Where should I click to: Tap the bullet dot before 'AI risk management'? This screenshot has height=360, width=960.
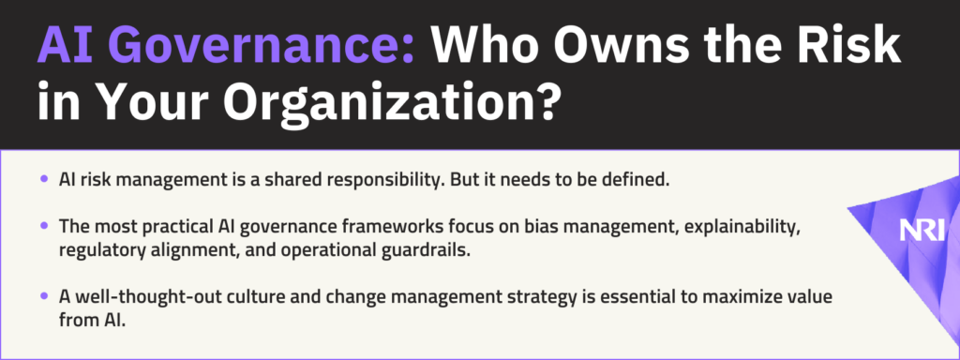44,179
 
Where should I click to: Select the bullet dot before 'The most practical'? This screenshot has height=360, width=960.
44,225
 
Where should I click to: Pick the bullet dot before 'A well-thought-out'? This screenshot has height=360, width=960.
44,295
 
